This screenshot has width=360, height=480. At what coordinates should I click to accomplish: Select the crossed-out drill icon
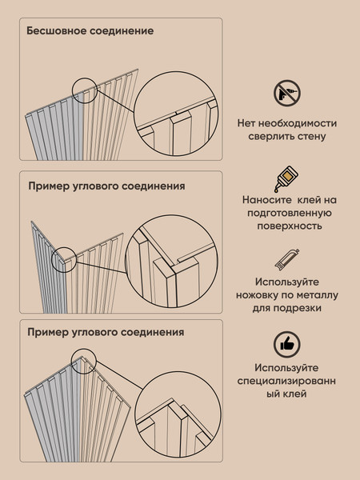286,94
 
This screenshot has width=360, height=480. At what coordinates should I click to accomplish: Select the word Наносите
266,200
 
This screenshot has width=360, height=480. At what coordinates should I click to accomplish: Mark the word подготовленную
287,213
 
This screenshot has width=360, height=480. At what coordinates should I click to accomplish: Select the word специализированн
287,381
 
